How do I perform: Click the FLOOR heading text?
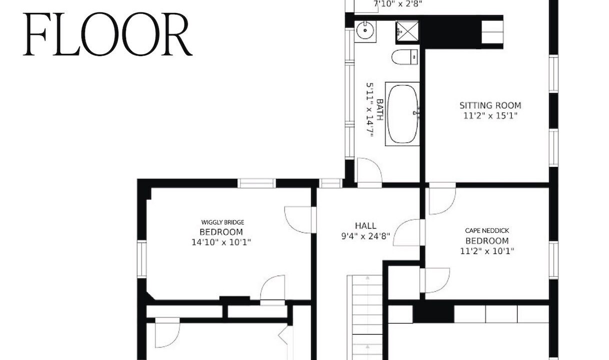[108, 34]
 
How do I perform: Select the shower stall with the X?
[407, 32]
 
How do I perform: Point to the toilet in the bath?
[404, 57]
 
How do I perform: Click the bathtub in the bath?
[402, 113]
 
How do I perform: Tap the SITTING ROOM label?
[490, 105]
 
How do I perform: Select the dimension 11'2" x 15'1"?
[490, 116]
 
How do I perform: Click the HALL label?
[365, 225]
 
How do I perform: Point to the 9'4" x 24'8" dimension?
[365, 236]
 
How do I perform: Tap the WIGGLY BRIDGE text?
[222, 222]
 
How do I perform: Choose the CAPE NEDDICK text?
[487, 230]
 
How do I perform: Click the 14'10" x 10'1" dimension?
[221, 242]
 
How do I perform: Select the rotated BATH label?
[380, 109]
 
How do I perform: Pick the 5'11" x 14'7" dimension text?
[370, 110]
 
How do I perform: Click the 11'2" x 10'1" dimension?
[487, 250]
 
